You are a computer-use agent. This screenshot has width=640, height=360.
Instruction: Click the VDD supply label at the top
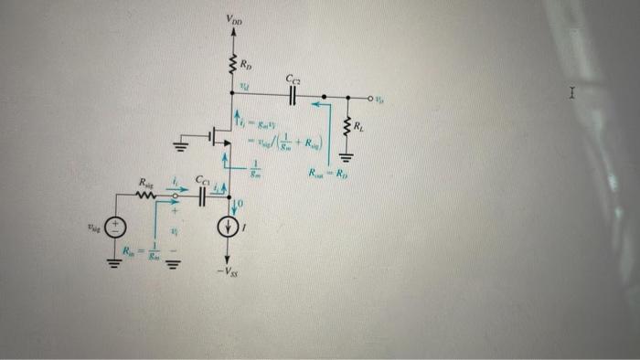235,19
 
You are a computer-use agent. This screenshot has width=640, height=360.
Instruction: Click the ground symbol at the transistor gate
184,146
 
